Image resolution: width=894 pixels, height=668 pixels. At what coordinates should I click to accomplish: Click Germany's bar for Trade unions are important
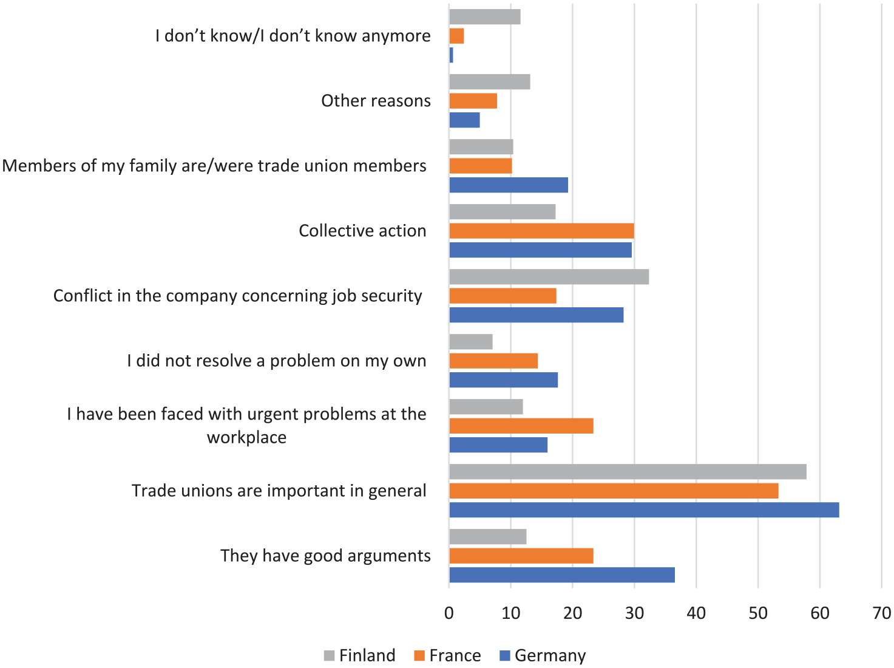pyautogui.click(x=644, y=510)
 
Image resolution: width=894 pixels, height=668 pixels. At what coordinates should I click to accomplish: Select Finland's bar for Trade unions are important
pyautogui.click(x=628, y=472)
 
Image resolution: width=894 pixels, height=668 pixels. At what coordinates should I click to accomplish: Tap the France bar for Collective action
pyautogui.click(x=542, y=231)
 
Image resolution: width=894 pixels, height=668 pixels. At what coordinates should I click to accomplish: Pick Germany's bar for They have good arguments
pyautogui.click(x=562, y=574)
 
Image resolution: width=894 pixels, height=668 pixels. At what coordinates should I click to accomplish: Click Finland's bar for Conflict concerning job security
pyautogui.click(x=549, y=277)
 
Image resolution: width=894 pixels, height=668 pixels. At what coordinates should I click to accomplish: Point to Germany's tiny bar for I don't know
pyautogui.click(x=452, y=55)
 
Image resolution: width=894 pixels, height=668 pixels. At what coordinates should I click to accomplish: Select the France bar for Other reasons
pyautogui.click(x=473, y=101)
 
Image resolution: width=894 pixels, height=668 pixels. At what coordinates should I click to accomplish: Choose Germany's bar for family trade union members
pyautogui.click(x=509, y=185)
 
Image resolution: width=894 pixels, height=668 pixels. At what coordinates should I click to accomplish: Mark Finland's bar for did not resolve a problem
pyautogui.click(x=471, y=341)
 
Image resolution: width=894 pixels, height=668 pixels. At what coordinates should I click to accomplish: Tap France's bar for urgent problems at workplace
pyautogui.click(x=521, y=426)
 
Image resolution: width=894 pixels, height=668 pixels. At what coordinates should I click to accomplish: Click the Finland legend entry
pyautogui.click(x=360, y=655)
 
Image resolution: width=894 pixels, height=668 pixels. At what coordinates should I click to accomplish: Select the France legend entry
pyautogui.click(x=447, y=655)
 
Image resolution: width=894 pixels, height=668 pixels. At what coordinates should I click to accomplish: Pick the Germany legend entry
pyautogui.click(x=543, y=655)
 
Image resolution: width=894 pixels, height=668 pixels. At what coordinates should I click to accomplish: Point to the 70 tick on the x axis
pyautogui.click(x=881, y=613)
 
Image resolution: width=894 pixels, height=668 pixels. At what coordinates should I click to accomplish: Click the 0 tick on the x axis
pyautogui.click(x=449, y=613)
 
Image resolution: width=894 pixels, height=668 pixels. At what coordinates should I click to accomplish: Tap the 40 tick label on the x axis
pyautogui.click(x=696, y=613)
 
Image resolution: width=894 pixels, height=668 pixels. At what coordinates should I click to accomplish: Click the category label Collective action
pyautogui.click(x=362, y=231)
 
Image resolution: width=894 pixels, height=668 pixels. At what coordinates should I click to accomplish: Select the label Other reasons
pyautogui.click(x=376, y=101)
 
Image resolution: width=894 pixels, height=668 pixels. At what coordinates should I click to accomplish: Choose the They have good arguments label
pyautogui.click(x=325, y=556)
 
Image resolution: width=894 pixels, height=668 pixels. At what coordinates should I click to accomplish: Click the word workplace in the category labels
pyautogui.click(x=247, y=438)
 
